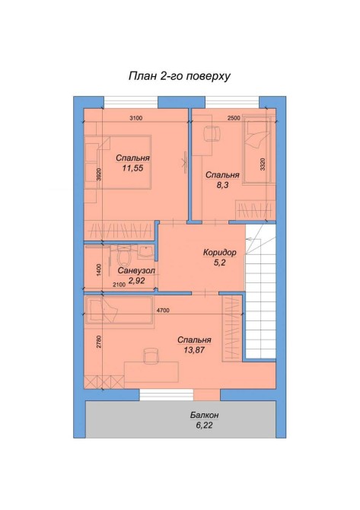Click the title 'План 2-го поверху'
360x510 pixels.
pyautogui.click(x=180, y=76)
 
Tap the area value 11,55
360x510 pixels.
pyautogui.click(x=132, y=168)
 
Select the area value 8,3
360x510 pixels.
pyautogui.click(x=222, y=186)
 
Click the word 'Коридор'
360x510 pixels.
pyautogui.click(x=219, y=253)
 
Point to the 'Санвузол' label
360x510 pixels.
pyautogui.click(x=136, y=271)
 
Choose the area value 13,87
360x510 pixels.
pyautogui.click(x=194, y=350)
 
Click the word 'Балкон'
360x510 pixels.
pyautogui.click(x=204, y=416)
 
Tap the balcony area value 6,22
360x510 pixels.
pyautogui.click(x=204, y=425)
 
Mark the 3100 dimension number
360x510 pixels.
pyautogui.click(x=136, y=119)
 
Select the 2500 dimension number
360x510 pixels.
pyautogui.click(x=234, y=119)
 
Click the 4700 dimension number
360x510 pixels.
pyautogui.click(x=163, y=311)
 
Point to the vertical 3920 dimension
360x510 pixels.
pyautogui.click(x=99, y=174)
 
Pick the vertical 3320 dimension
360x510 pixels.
pyautogui.click(x=263, y=164)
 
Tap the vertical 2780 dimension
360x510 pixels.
pyautogui.click(x=99, y=342)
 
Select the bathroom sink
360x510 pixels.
pyautogui.click(x=145, y=253)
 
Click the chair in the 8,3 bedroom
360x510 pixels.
pyautogui.click(x=212, y=133)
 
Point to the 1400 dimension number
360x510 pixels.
pyautogui.click(x=99, y=269)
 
